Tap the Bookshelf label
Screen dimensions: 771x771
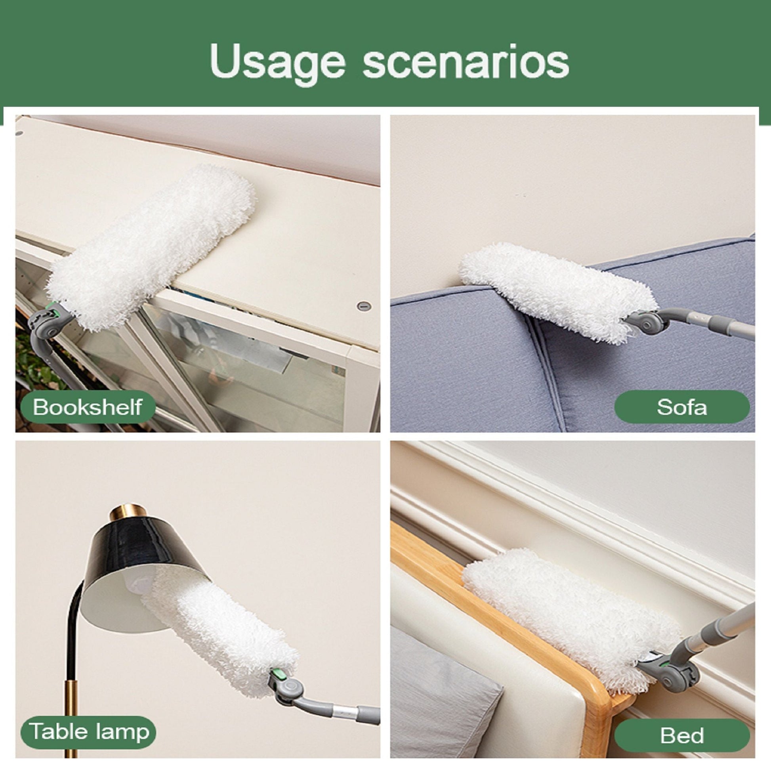[x=88, y=406]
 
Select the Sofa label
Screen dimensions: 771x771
[x=682, y=407]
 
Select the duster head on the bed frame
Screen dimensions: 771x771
[x=571, y=616]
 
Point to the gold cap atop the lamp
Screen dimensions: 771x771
[x=128, y=512]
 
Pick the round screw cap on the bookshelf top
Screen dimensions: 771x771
[x=364, y=306]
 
